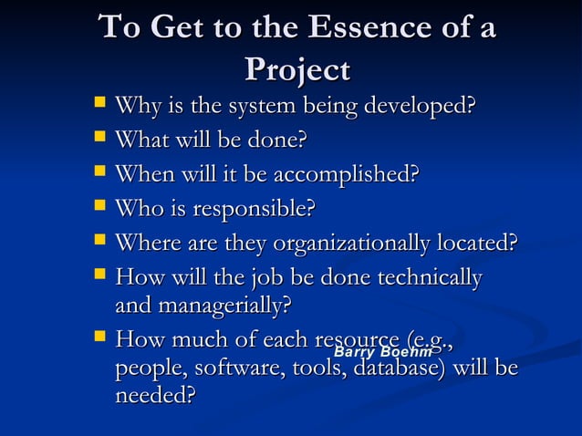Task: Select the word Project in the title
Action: point(296,71)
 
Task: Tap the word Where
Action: point(149,244)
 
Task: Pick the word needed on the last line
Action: point(155,397)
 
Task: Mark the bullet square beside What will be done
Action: point(99,140)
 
